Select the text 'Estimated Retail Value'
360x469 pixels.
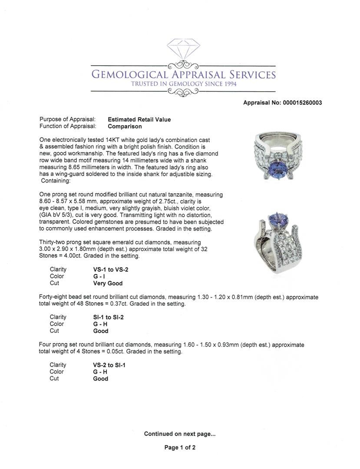(139, 119)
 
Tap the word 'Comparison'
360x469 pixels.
(125, 126)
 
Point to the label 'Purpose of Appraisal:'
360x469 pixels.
(67, 119)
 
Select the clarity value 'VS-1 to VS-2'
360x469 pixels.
(108, 270)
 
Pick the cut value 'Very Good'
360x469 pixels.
(108, 283)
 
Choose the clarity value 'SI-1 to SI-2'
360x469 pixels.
(106, 317)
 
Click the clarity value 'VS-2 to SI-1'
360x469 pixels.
(106, 365)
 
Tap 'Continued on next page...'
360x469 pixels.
(180, 434)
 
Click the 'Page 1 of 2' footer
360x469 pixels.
(180, 448)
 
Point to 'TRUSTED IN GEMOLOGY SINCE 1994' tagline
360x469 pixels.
(184, 84)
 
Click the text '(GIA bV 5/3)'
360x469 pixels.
(57, 208)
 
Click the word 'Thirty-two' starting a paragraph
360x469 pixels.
(54, 242)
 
